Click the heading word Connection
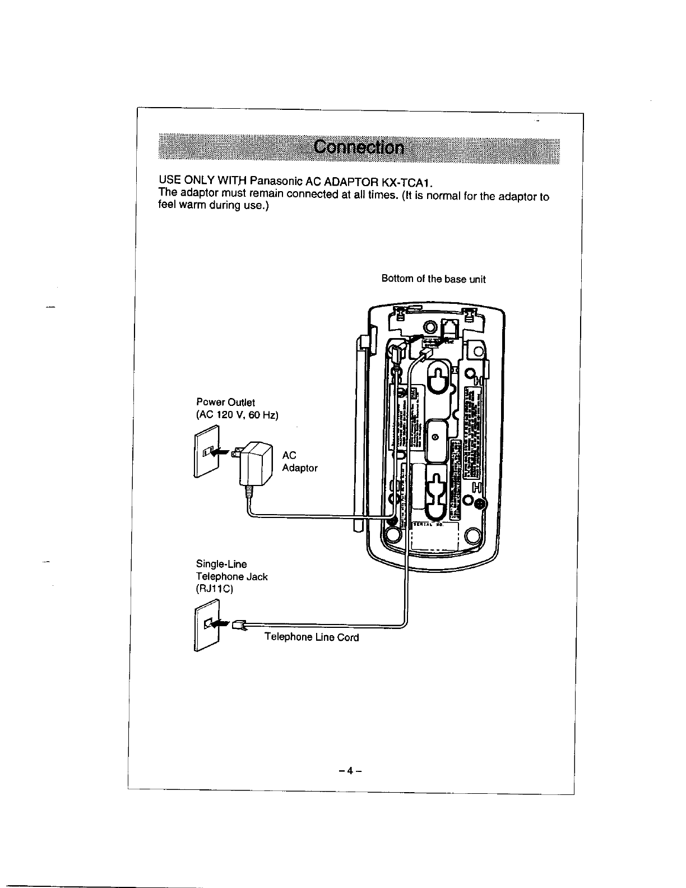pos(359,147)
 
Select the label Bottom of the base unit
pos(433,279)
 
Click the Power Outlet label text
pos(225,403)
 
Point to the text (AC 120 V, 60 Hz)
pos(237,415)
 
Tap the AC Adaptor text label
pos(299,462)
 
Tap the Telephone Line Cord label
pos(311,637)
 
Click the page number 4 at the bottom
pos(350,770)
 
